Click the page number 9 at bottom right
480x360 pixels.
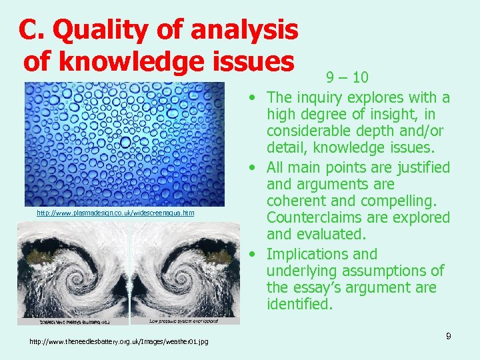(449, 336)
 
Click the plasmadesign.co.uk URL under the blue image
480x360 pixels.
(115, 213)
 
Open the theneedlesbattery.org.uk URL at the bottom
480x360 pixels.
(119, 342)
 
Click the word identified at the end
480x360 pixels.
(299, 305)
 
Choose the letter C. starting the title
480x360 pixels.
(31, 29)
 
